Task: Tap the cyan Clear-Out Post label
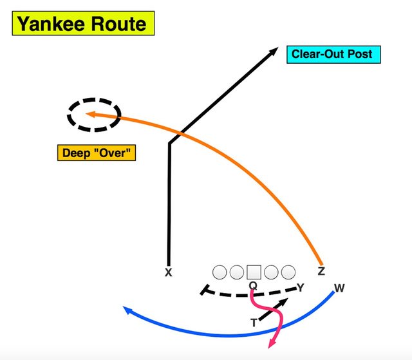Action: coord(332,54)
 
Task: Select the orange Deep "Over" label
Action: coord(97,153)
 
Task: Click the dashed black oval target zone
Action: coord(94,115)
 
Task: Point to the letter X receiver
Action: coord(169,273)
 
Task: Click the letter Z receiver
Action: coord(321,272)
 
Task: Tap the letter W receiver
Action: coord(340,288)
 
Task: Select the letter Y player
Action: coord(300,287)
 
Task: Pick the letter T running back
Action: coord(254,323)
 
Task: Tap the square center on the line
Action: coord(254,272)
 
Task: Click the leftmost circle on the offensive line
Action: coord(220,272)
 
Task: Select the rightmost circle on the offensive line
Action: coord(287,272)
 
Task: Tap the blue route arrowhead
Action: coord(127,310)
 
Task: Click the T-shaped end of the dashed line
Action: coord(204,290)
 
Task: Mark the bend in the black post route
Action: coord(169,143)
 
